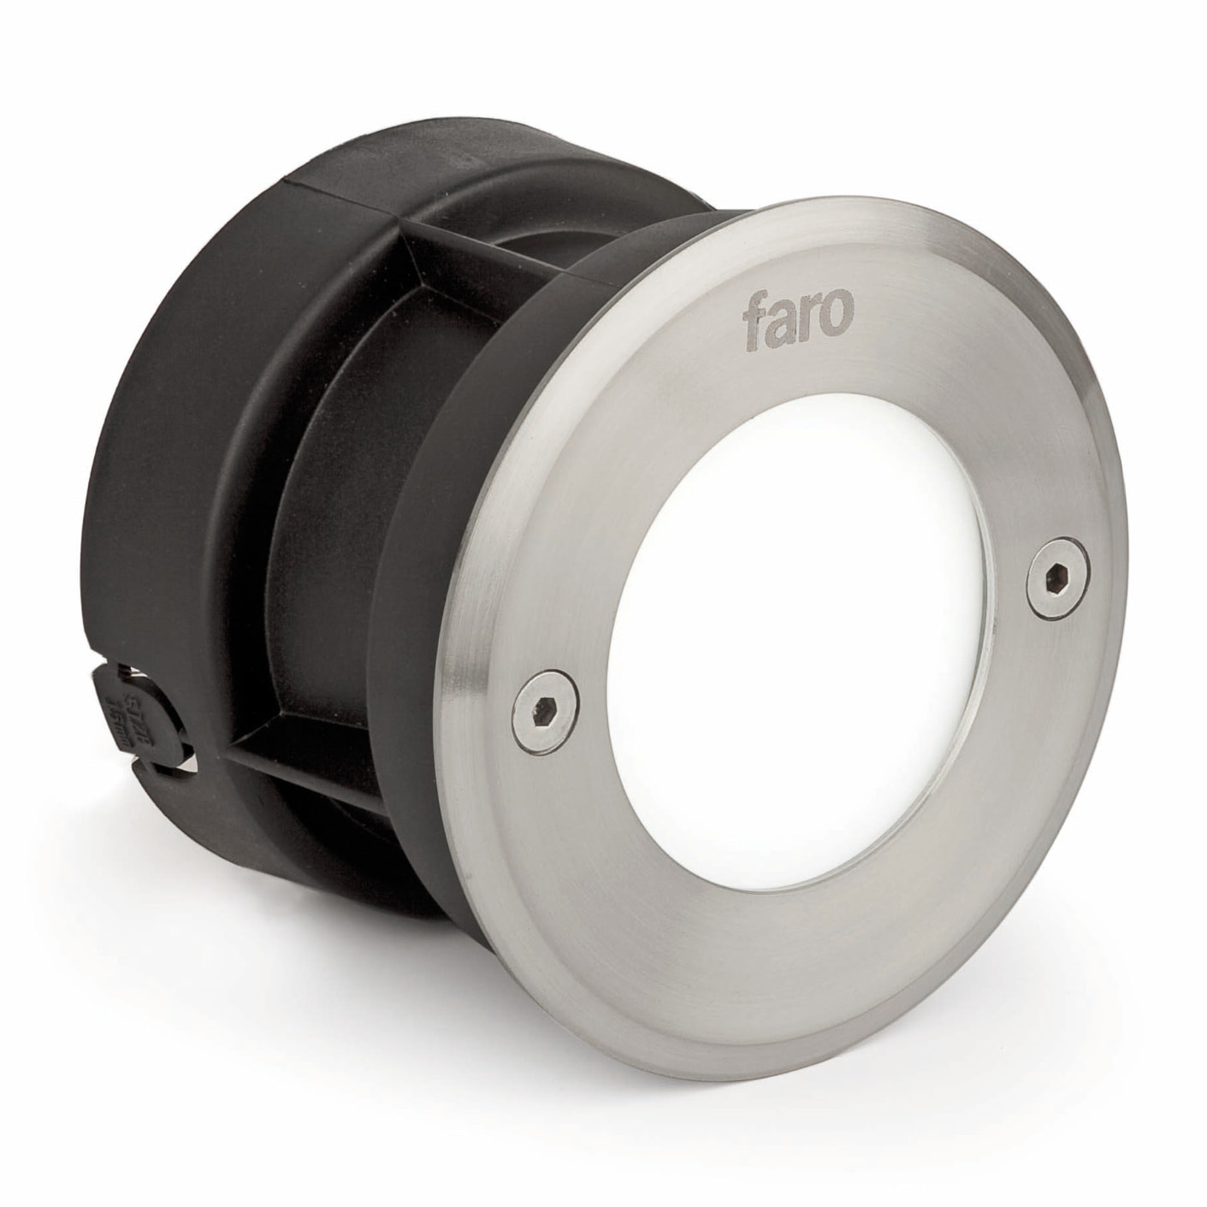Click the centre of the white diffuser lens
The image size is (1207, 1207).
[x=800, y=599]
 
